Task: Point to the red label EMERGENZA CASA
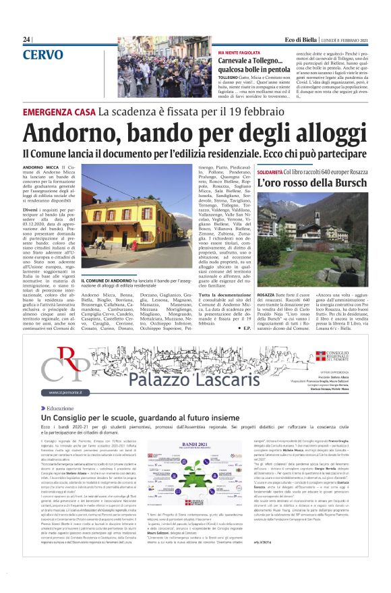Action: [59, 111]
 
